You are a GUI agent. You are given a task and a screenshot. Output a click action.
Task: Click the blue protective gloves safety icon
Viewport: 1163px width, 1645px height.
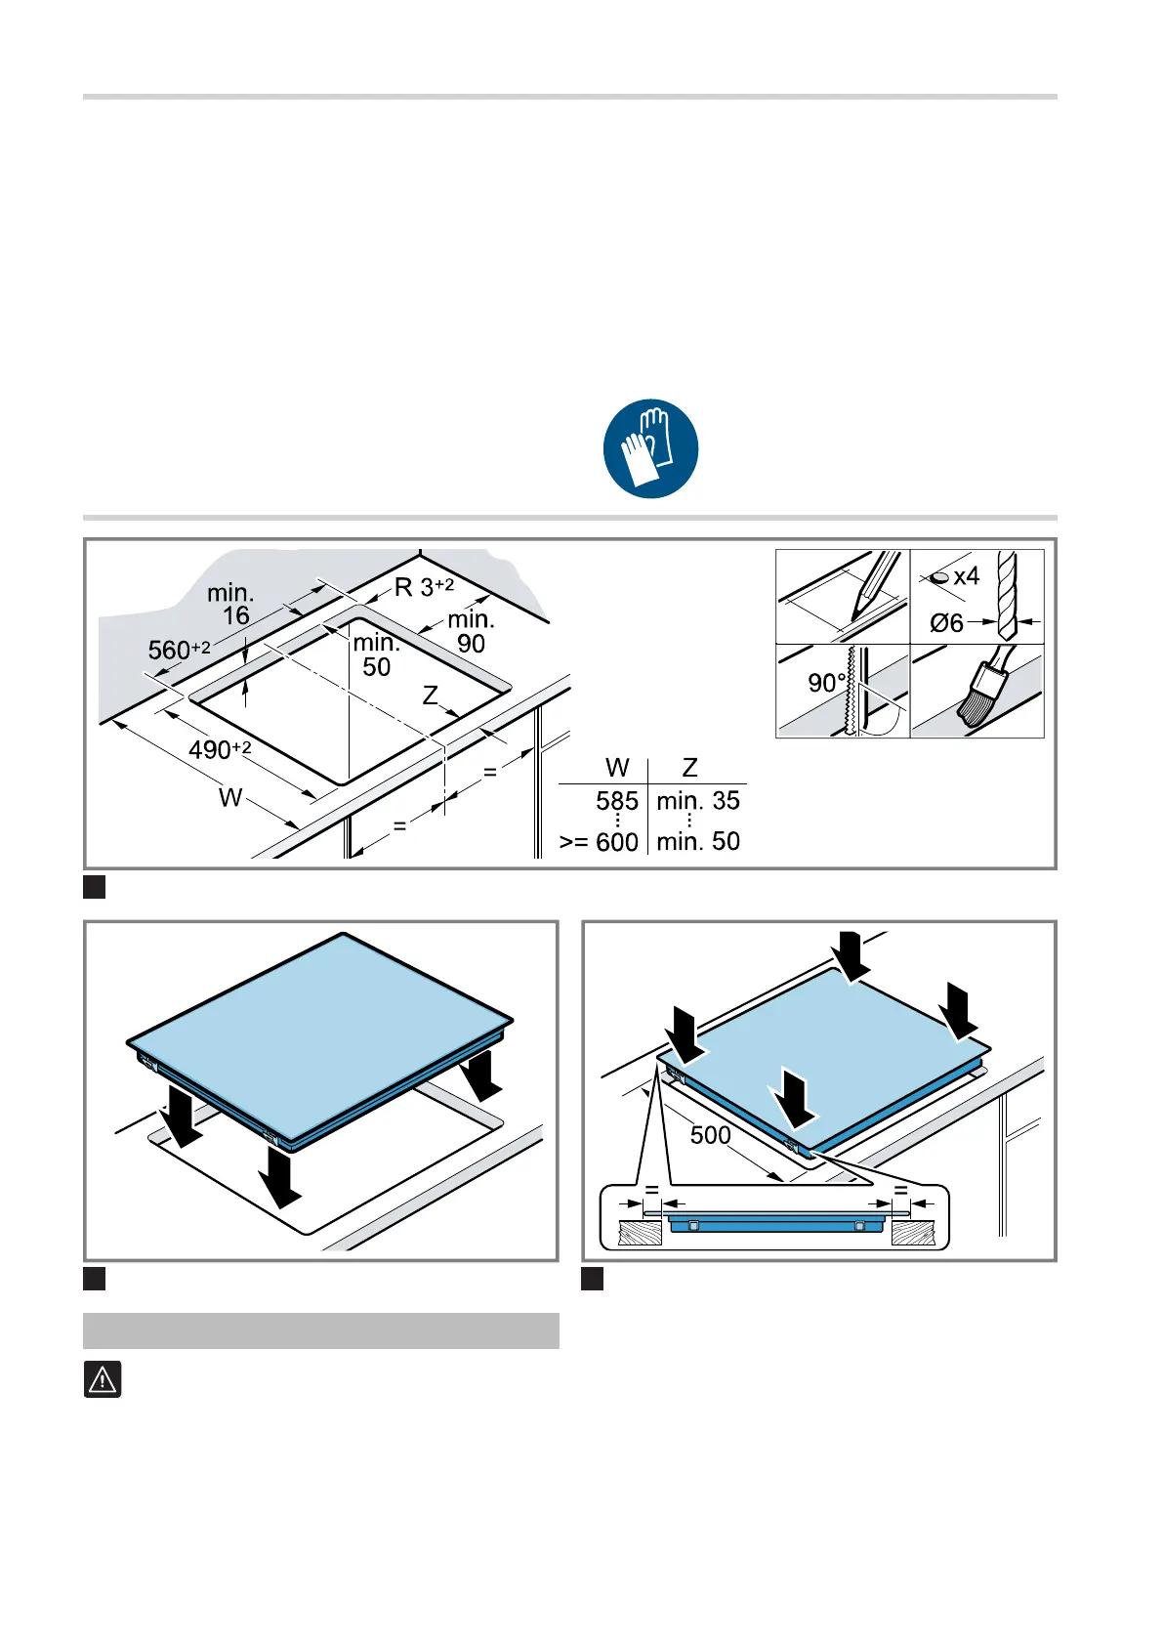(x=650, y=448)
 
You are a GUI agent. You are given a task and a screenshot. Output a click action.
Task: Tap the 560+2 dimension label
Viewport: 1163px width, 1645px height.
(x=179, y=650)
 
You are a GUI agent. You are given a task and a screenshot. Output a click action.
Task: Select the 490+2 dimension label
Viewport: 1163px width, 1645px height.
(x=220, y=749)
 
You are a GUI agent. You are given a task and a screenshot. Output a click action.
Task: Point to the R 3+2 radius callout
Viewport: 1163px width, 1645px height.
(x=425, y=587)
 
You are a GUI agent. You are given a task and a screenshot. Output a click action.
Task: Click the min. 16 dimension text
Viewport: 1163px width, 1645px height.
(x=230, y=604)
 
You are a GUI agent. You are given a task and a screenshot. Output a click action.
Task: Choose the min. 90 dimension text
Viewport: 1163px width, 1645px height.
(x=471, y=631)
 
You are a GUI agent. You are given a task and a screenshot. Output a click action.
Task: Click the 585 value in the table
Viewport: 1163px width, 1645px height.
(x=617, y=800)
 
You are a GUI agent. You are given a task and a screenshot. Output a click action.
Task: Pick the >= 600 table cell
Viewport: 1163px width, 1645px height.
(x=599, y=842)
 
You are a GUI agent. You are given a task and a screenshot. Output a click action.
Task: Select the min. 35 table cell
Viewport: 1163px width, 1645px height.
(x=698, y=800)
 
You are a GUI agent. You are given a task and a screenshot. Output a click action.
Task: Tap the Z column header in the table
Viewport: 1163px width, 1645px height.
(x=689, y=768)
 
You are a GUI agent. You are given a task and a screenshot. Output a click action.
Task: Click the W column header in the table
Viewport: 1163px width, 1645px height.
(x=617, y=768)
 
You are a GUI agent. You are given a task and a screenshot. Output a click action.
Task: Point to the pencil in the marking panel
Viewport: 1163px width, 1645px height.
(x=876, y=586)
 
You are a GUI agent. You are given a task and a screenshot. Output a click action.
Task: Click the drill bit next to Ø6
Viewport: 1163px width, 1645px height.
(x=1008, y=596)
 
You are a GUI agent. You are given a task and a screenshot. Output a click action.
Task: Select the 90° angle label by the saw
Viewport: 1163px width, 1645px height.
(x=827, y=683)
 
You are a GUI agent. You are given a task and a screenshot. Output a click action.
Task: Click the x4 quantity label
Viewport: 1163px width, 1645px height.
(x=966, y=575)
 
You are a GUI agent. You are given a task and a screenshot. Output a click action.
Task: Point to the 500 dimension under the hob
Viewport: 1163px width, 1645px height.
(x=710, y=1135)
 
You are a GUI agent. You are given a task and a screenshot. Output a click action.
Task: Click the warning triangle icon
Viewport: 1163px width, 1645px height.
(x=103, y=1379)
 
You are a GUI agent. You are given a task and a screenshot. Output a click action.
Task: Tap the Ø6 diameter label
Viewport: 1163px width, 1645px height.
(x=946, y=623)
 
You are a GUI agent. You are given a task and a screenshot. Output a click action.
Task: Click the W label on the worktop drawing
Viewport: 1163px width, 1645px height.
(x=230, y=797)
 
